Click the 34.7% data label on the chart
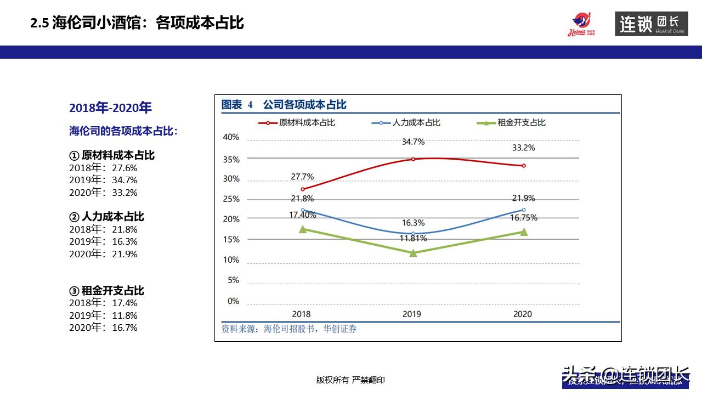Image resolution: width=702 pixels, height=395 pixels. (x=413, y=142)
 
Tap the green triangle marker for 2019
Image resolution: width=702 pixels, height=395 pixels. (x=413, y=253)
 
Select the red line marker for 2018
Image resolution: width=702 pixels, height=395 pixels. (x=303, y=189)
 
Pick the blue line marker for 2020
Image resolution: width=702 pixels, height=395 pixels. (x=524, y=210)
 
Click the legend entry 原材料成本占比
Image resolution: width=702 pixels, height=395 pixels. (x=297, y=123)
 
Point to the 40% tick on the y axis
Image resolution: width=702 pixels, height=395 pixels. (x=231, y=137)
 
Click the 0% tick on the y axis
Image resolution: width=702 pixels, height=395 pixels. (x=233, y=301)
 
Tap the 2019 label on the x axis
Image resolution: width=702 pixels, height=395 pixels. (x=412, y=314)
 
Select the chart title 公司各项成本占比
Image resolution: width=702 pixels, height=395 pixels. (x=304, y=105)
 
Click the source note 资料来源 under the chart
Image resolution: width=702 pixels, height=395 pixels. (x=288, y=329)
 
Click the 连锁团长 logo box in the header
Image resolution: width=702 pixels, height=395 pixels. (x=651, y=24)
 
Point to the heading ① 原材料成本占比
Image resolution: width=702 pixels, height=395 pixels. (x=112, y=155)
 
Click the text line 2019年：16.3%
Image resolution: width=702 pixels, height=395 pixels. (x=103, y=241)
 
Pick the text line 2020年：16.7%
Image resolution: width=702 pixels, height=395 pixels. (x=103, y=328)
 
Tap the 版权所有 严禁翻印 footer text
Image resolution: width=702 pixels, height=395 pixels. (x=350, y=380)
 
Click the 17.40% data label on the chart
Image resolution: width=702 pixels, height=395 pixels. (x=303, y=215)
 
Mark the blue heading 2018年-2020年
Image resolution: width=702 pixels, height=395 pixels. (x=110, y=108)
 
